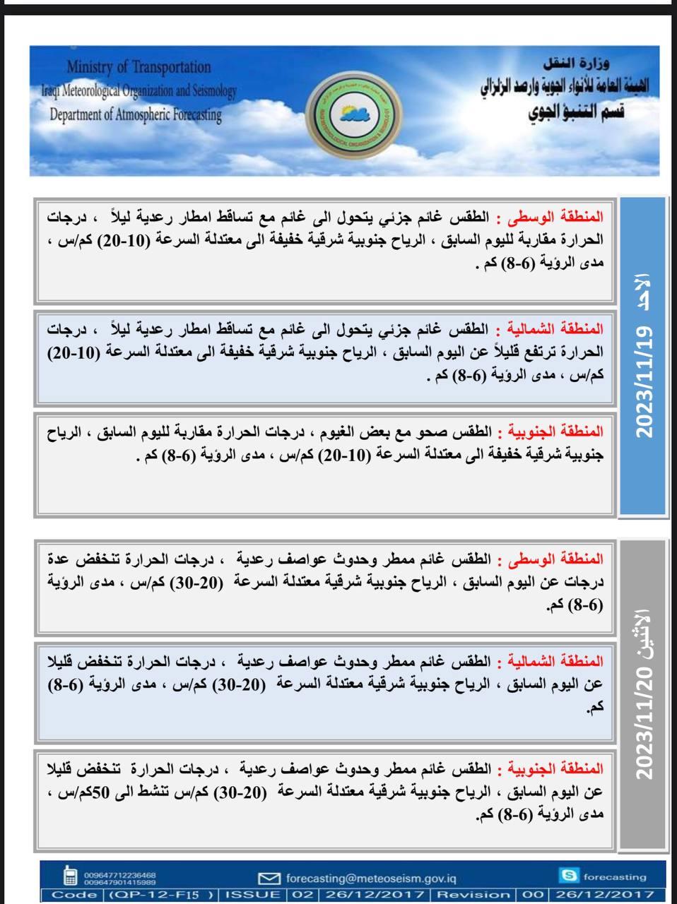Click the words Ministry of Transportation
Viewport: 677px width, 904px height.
click(x=139, y=67)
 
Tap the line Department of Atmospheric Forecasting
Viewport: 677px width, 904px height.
click(x=135, y=114)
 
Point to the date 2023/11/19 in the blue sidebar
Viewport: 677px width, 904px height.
click(x=644, y=383)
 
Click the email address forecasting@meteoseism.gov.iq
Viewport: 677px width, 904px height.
click(x=371, y=878)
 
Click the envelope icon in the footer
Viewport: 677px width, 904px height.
click(x=269, y=878)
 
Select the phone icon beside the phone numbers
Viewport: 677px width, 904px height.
click(x=70, y=876)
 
